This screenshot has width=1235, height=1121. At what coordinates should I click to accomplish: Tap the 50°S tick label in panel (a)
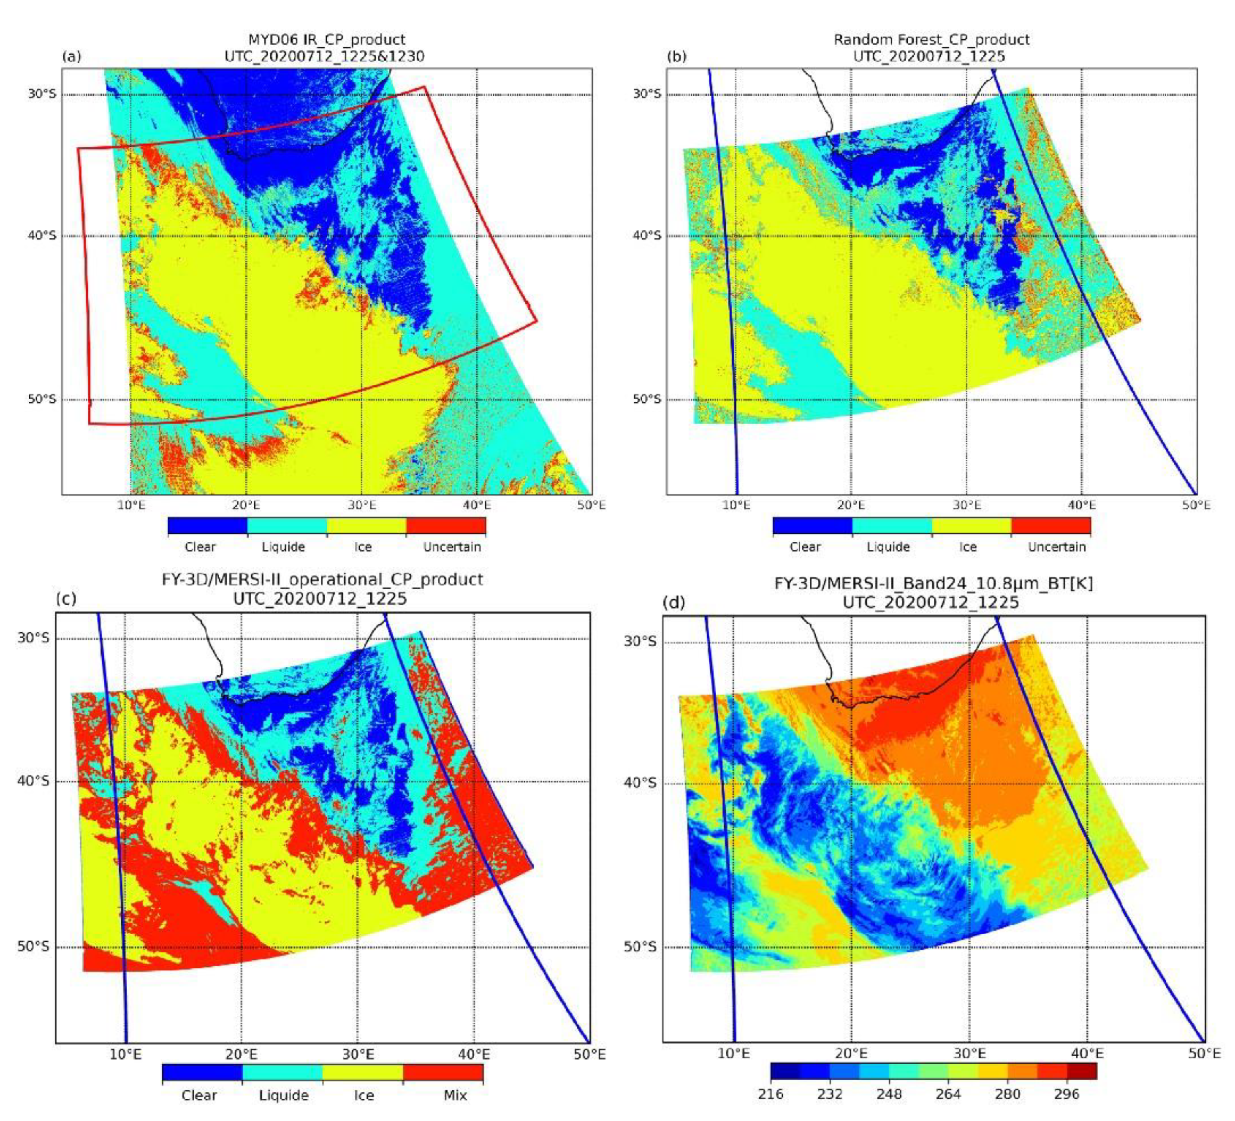tap(42, 399)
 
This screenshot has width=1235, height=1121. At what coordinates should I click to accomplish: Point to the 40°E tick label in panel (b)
tap(1081, 505)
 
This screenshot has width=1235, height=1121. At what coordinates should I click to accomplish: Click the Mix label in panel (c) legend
tap(455, 1095)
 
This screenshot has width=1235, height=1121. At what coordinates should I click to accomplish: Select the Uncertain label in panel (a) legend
tap(452, 547)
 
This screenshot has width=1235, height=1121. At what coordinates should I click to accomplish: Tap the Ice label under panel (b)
tap(968, 547)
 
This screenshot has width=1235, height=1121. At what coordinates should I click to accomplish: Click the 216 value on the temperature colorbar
tap(771, 1094)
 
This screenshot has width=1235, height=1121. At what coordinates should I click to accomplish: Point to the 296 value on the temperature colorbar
tap(1067, 1094)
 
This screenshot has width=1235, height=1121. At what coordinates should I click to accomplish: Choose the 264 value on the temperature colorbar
tap(948, 1094)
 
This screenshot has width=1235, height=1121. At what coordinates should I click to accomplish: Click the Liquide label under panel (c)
tap(284, 1095)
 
